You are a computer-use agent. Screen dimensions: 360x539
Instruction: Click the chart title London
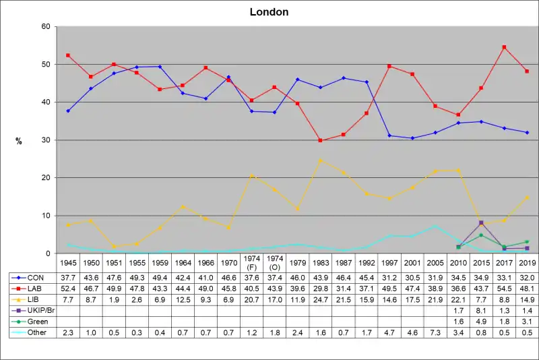tap(269, 12)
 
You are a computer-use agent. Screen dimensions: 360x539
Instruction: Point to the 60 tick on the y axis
tap(46, 26)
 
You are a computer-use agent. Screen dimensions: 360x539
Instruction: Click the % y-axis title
tap(19, 140)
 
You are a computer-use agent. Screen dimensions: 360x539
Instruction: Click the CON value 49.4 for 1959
tap(159, 277)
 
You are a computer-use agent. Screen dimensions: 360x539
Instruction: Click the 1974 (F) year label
tap(251, 262)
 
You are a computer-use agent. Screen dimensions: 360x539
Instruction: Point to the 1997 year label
tap(389, 261)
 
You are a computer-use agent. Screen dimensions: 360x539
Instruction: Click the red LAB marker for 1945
tap(68, 55)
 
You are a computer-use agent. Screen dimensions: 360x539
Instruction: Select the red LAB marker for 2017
tap(504, 47)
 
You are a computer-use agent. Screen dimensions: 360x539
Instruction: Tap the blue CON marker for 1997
tap(389, 136)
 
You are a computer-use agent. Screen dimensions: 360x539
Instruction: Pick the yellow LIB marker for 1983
tap(321, 160)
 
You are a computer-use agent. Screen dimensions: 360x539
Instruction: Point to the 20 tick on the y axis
tap(46, 177)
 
